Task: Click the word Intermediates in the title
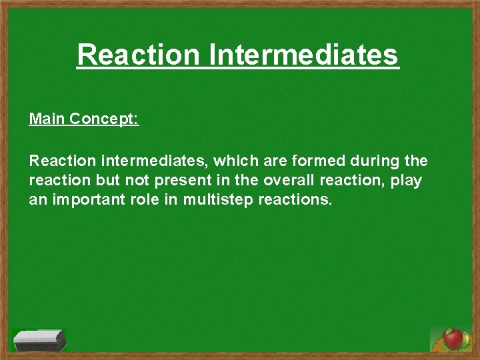(x=303, y=55)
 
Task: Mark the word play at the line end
(x=406, y=181)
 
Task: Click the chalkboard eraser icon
(x=40, y=341)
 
